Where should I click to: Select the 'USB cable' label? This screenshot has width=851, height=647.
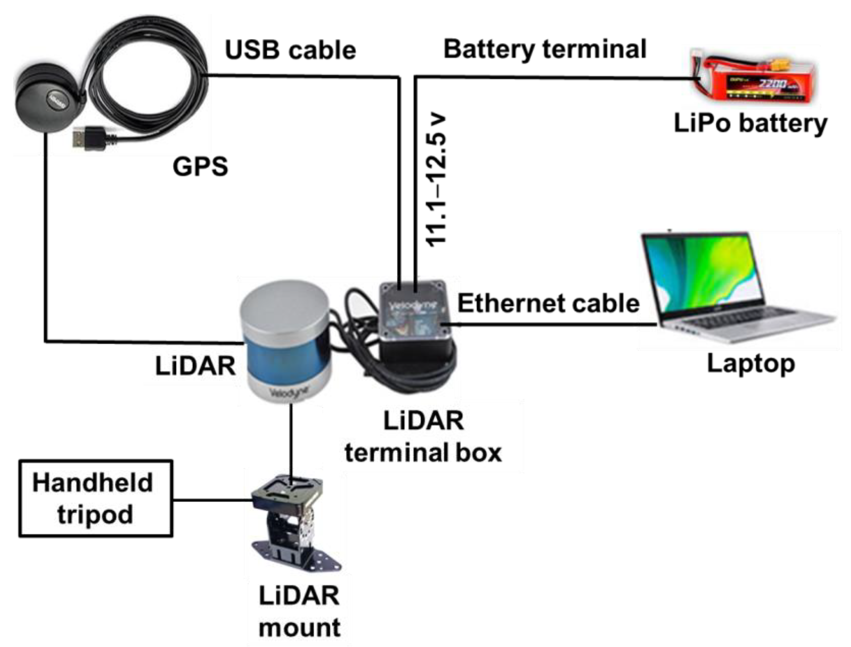(290, 50)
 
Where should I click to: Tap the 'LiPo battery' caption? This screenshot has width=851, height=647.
(750, 124)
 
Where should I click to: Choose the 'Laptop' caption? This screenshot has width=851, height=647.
(751, 363)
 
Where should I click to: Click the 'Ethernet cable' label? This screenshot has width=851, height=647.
(548, 303)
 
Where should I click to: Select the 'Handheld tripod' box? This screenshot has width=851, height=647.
(96, 499)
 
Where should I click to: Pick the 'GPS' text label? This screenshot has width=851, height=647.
(200, 166)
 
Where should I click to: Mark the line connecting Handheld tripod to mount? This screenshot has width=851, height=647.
(212, 500)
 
